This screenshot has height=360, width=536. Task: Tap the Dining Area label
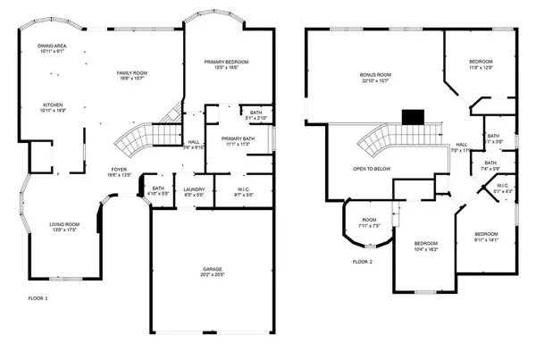50,48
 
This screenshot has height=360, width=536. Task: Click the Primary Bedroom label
226,64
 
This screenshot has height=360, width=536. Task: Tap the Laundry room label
194,192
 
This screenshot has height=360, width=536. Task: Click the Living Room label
64,227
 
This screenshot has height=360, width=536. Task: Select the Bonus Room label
376,78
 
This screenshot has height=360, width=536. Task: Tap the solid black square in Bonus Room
412,116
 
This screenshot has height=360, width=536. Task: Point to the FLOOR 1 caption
38,297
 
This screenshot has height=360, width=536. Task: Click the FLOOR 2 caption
362,262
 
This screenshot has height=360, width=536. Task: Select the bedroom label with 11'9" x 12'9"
481,64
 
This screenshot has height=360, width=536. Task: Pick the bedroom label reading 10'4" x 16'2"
426,247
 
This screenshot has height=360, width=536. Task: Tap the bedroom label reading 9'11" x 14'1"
486,237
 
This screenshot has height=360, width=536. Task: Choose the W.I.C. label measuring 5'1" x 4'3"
503,189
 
